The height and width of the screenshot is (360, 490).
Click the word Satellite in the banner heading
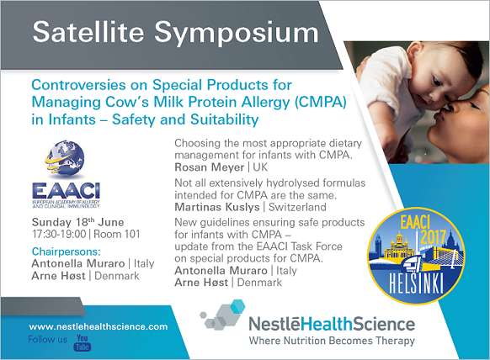(x=88, y=32)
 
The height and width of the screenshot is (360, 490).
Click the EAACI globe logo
(x=66, y=173)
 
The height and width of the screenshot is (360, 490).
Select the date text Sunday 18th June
(x=77, y=222)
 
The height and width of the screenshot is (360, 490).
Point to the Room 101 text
(x=117, y=234)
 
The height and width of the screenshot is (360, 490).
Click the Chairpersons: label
(x=67, y=251)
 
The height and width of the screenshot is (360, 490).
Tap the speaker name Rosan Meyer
(x=209, y=167)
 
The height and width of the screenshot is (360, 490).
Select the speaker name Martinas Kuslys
(x=217, y=207)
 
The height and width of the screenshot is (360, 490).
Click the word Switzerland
(x=297, y=207)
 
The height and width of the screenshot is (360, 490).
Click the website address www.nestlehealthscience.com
(x=99, y=327)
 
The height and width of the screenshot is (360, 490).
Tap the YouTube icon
(x=83, y=343)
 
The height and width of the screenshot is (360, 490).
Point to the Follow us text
(x=47, y=340)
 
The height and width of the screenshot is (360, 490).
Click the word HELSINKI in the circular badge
(x=416, y=283)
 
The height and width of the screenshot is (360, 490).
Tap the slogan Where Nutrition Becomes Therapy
(x=332, y=341)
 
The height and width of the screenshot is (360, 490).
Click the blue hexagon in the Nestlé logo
(x=237, y=306)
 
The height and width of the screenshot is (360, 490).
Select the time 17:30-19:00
(x=59, y=234)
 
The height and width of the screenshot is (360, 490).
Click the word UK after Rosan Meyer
(x=260, y=167)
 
